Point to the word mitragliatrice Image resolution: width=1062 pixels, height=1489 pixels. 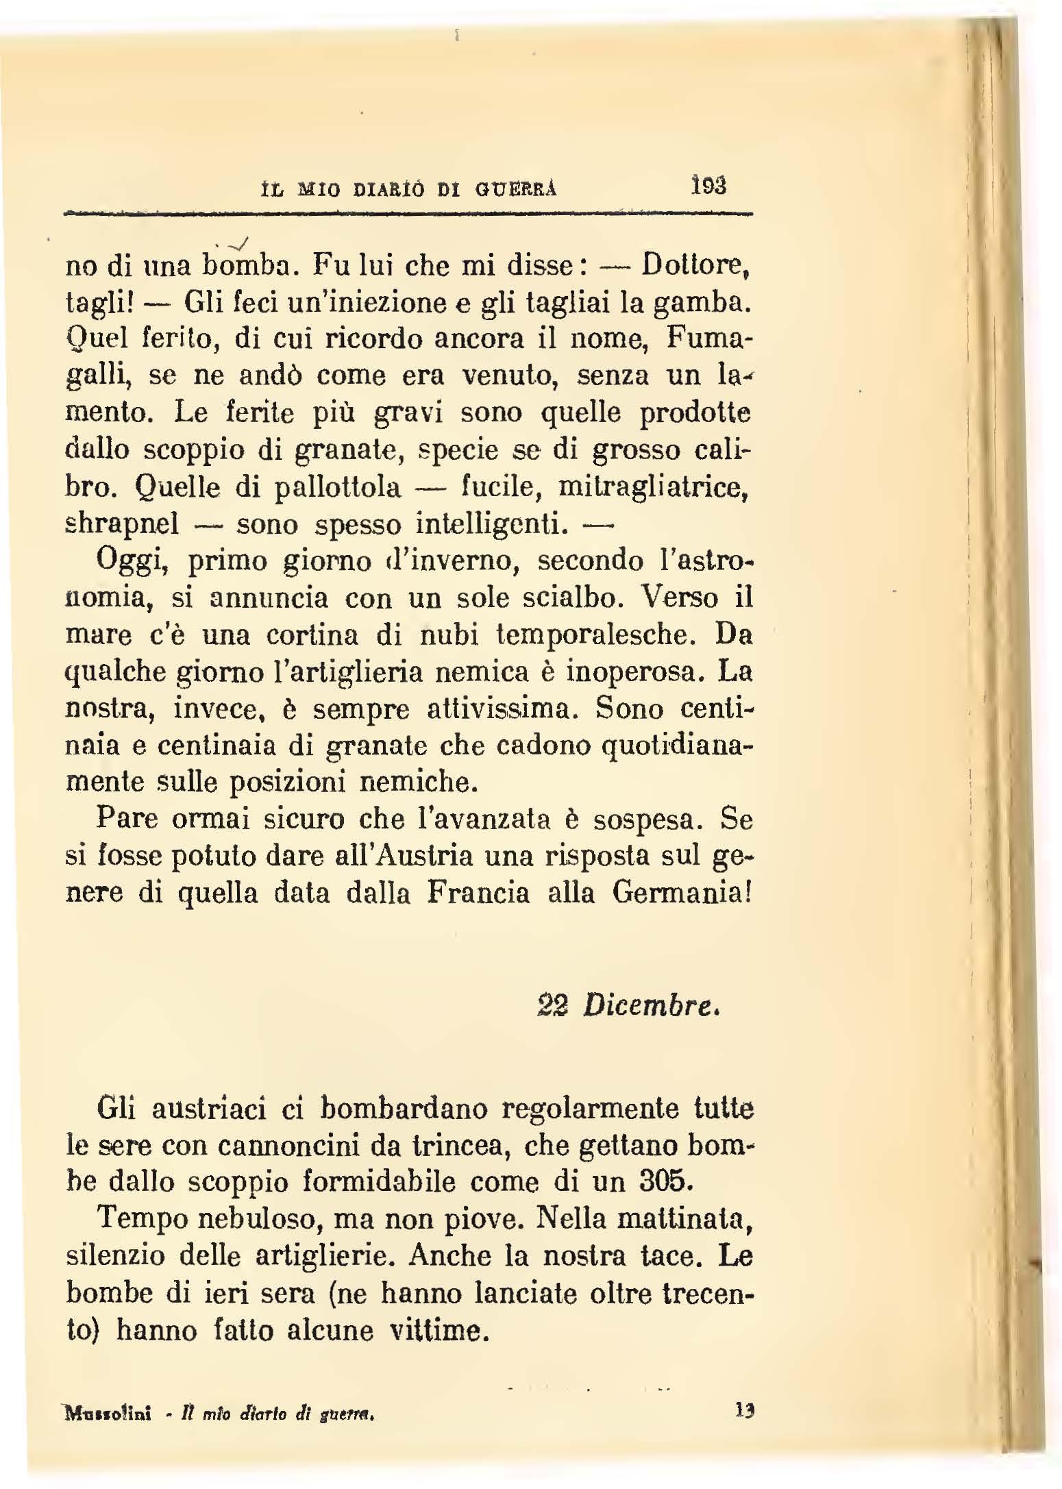652,487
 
